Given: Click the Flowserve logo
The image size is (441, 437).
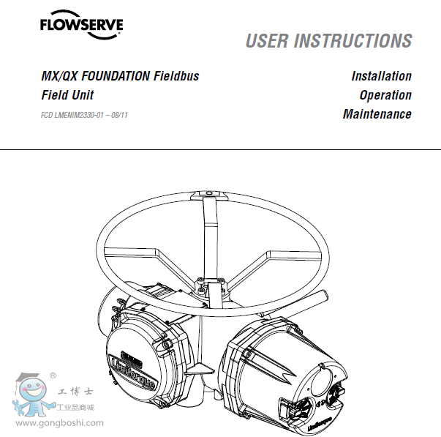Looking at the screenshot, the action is point(82,24).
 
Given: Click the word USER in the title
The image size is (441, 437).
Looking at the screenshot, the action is point(267,41).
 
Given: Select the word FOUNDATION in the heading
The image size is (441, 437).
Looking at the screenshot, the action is point(116,76).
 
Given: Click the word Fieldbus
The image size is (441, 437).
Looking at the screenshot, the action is point(176,76).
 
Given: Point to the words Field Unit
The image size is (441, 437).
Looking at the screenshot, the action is point(67,95).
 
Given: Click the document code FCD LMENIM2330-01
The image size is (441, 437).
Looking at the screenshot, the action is point(72,115).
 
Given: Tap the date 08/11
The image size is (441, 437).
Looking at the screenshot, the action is point(119,115).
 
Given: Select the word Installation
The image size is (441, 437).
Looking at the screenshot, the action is point(382,76).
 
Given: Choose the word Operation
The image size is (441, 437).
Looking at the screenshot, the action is point(385,95).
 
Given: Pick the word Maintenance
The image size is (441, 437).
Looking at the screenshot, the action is point(377,114).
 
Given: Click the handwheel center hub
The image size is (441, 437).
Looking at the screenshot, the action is point(210,287).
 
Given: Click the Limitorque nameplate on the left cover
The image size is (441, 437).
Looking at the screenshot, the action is point(133,370).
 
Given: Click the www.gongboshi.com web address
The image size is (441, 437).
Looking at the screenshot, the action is point(60,423).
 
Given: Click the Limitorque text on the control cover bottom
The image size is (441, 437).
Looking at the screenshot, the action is point(320,425).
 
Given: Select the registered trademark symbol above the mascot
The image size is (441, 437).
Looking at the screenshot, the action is point(53,376).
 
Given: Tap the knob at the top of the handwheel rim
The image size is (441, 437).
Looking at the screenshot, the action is point(209,194).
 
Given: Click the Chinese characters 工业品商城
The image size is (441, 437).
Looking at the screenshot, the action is point(75,408).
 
